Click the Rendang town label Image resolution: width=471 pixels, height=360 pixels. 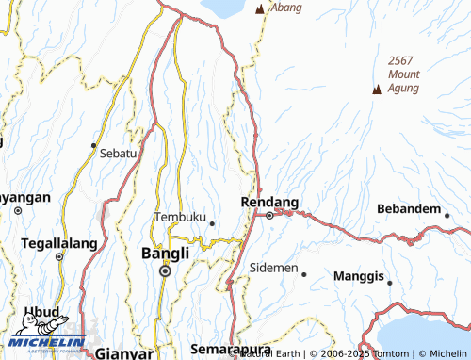pos(270,202)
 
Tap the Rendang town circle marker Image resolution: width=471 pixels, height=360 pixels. pos(269,215)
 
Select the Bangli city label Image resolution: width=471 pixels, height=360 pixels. pos(165,254)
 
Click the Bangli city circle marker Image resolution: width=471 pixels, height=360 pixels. pos(165,270)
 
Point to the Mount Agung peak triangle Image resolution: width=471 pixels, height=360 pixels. pos(377,90)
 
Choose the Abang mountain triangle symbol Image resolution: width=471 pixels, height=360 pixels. pos(260,9)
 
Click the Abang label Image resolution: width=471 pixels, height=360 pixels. pos(286,8)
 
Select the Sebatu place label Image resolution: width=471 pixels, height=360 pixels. pos(118,152)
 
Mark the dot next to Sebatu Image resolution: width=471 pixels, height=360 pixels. pos(93,145)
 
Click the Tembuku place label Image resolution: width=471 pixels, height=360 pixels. pos(180,217)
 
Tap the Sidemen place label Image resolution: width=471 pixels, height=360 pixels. pos(273,268)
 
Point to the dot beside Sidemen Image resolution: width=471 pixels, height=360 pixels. pos(303,274)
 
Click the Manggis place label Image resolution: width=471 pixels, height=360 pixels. pos(359,277)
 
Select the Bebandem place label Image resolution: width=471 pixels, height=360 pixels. pos(408,208)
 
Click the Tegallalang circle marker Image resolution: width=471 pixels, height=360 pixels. pos(58,256)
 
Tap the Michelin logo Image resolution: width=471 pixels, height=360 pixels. pos(47,341)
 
